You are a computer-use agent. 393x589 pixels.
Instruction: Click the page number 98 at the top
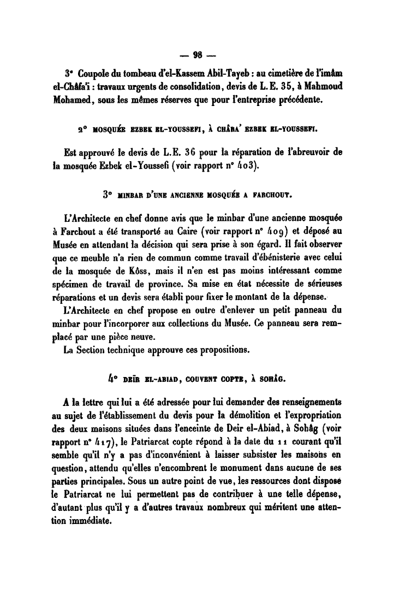click(x=196, y=54)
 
